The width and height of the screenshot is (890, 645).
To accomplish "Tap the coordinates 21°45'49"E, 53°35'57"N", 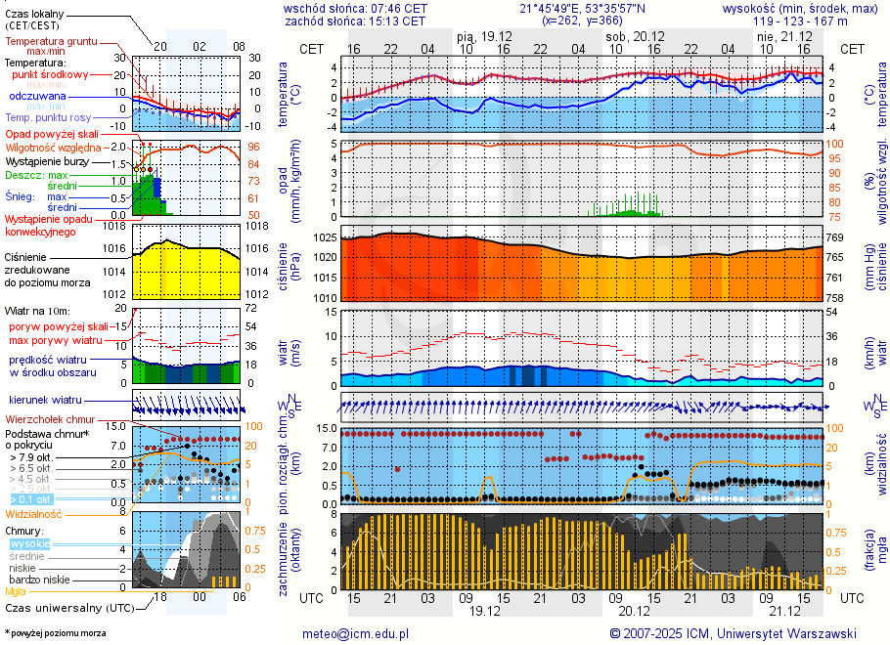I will (x=583, y=8).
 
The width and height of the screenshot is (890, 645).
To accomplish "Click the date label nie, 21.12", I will (x=779, y=36).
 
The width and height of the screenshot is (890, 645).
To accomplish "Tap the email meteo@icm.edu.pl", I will (x=356, y=633).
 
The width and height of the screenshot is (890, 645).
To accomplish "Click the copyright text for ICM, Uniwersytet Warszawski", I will (x=733, y=633).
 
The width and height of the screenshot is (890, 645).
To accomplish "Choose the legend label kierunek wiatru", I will (x=45, y=401).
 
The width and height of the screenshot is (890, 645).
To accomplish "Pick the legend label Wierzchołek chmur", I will (x=49, y=418).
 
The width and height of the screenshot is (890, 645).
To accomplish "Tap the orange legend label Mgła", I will (x=16, y=591).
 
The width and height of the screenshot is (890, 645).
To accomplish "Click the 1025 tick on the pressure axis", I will (x=325, y=237).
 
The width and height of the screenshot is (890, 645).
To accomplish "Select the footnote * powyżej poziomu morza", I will (x=55, y=633).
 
